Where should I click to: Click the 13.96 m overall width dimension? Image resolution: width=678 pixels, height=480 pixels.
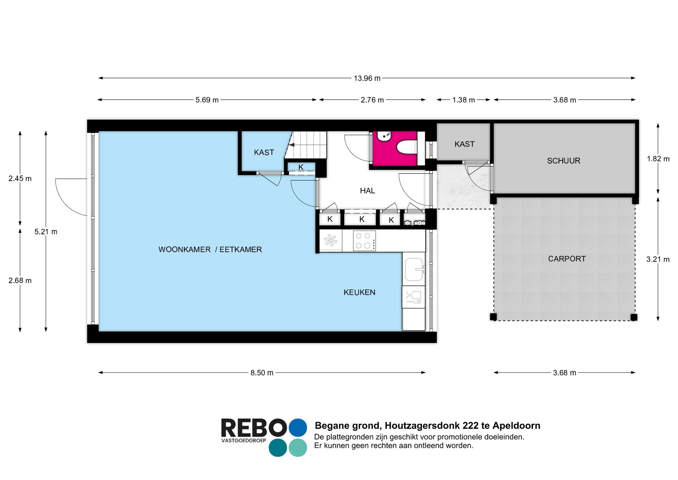(x=367, y=78)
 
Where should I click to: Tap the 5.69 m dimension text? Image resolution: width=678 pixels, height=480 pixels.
(x=207, y=100)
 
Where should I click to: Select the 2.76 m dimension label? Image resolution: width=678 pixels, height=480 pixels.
(x=372, y=100)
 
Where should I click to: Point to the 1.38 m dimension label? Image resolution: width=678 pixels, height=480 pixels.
(x=463, y=100)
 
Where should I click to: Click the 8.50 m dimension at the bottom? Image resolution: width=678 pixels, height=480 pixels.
(x=262, y=373)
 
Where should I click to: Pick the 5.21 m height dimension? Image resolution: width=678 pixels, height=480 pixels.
(x=46, y=232)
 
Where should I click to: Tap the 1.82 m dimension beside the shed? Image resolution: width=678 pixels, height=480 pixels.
(x=658, y=159)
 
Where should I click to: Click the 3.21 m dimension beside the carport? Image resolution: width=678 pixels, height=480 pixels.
(x=658, y=259)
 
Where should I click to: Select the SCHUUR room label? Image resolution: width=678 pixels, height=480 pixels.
(x=563, y=161)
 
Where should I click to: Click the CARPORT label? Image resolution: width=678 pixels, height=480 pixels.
(x=567, y=259)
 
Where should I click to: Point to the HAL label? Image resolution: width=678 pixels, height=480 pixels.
(x=367, y=191)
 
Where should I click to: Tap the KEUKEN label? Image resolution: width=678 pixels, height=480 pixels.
(x=359, y=292)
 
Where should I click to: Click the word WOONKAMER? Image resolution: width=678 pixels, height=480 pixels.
(x=184, y=250)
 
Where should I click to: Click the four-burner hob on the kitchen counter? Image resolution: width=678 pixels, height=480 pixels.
(x=364, y=241)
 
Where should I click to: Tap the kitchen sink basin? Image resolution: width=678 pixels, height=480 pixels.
(x=414, y=269)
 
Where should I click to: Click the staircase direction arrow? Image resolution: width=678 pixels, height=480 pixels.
(x=292, y=145)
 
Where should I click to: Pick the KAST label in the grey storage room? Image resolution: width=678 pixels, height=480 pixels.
(x=464, y=144)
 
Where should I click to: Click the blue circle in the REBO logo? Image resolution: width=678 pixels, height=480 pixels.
(x=298, y=428)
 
